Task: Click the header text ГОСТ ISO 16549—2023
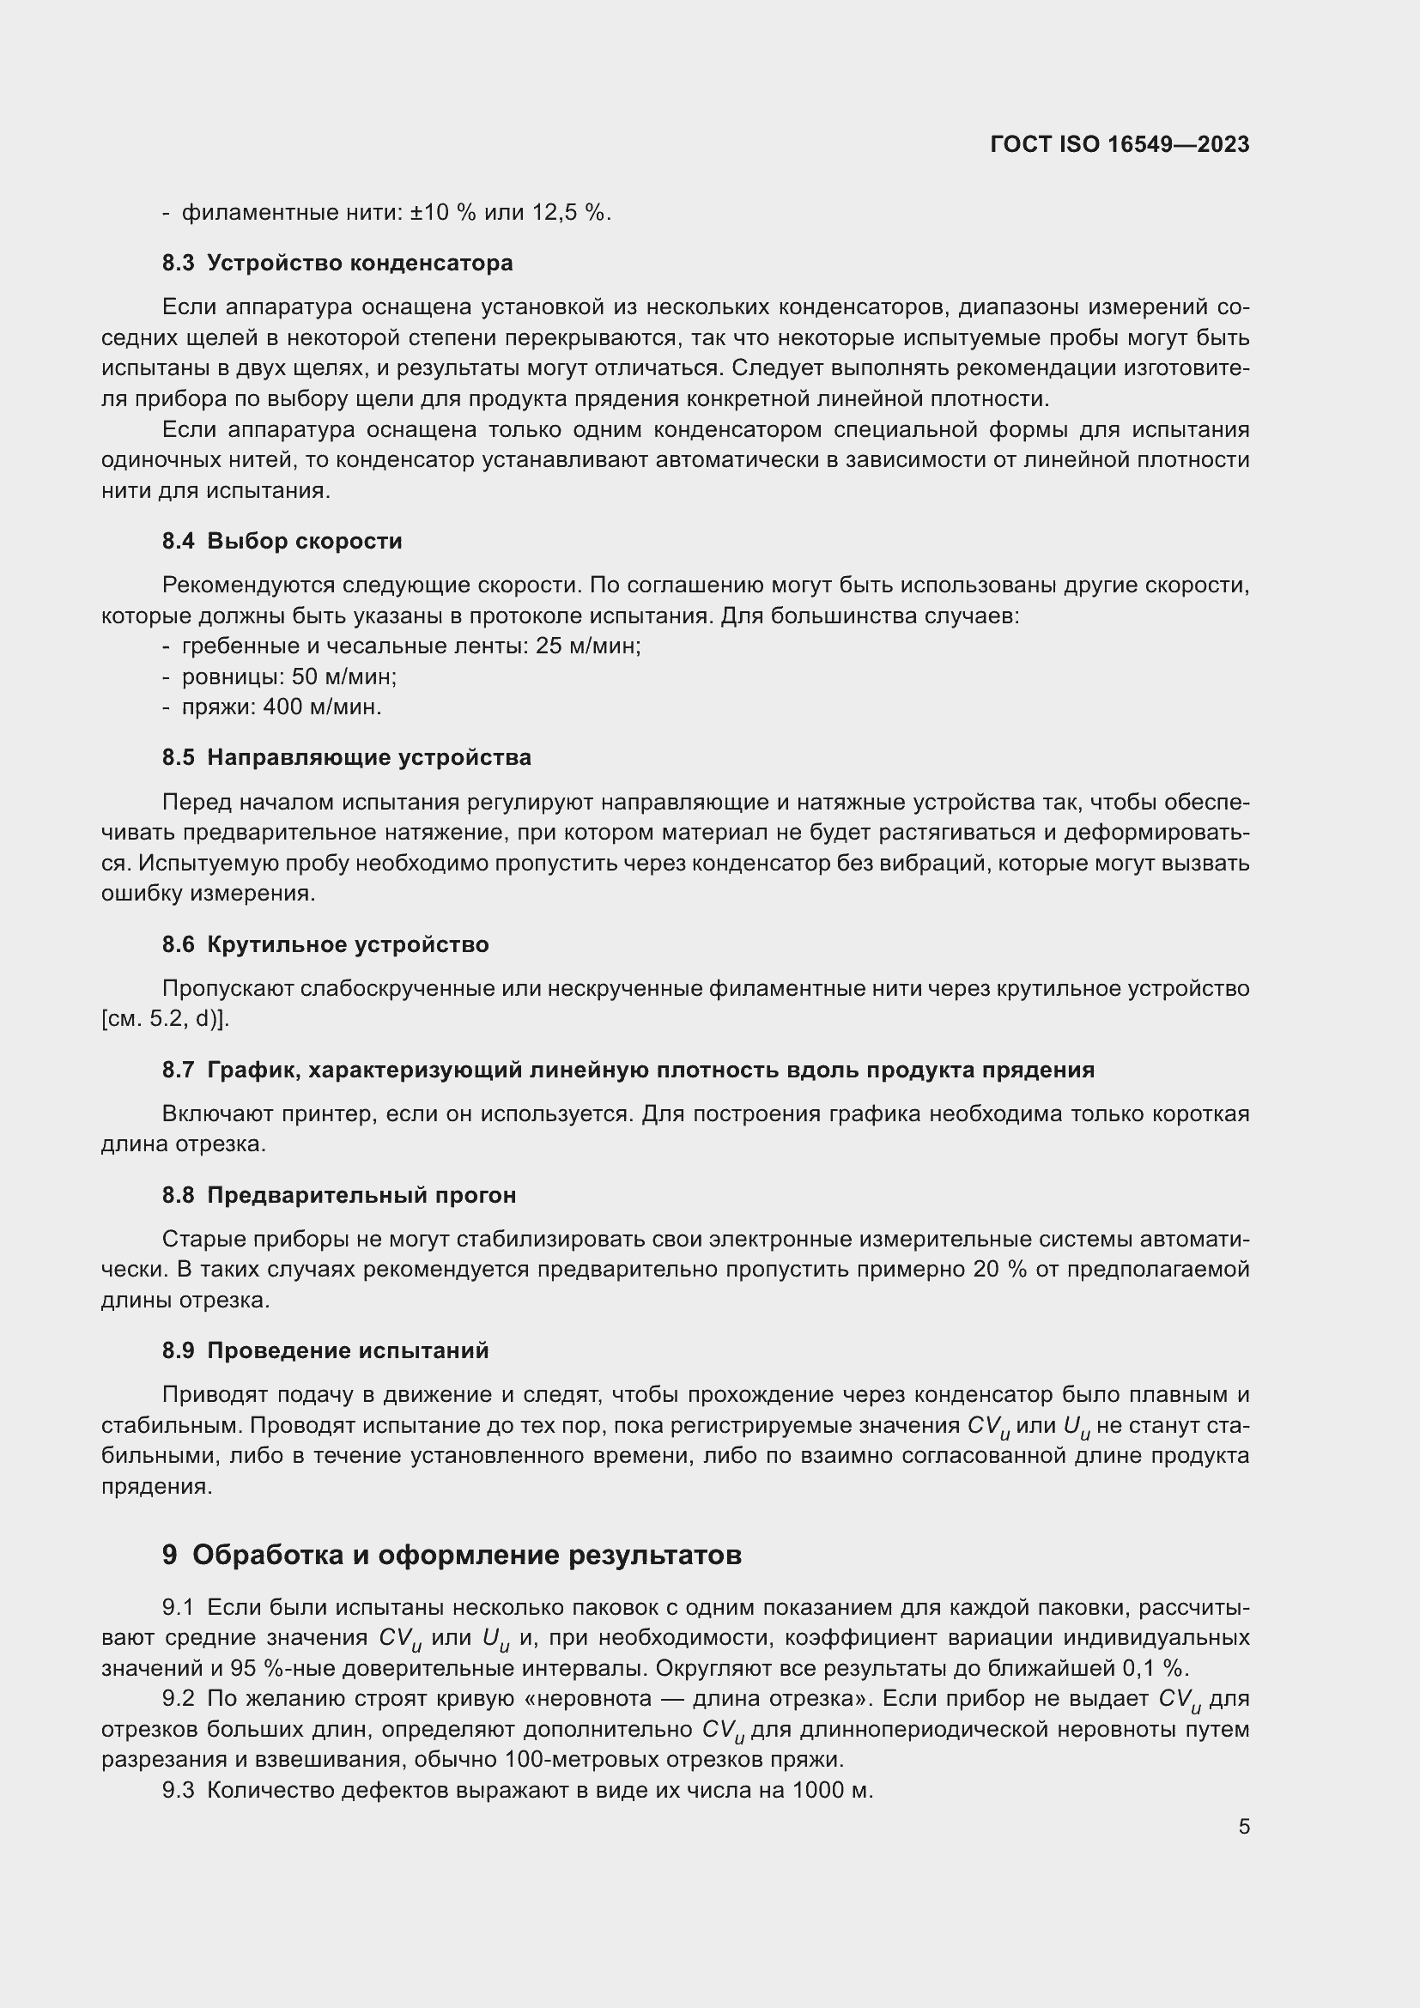[1120, 144]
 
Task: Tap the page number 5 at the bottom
[1243, 1826]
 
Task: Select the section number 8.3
[178, 264]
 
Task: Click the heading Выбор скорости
[304, 542]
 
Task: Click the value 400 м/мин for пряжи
[321, 707]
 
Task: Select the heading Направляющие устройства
[368, 757]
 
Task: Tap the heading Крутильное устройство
[347, 944]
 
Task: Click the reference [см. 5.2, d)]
[165, 1019]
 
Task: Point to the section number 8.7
[178, 1070]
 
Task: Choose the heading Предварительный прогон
[361, 1195]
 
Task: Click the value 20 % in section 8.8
[998, 1269]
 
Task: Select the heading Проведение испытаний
[347, 1350]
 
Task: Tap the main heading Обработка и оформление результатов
[466, 1554]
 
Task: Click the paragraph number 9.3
[178, 1790]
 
